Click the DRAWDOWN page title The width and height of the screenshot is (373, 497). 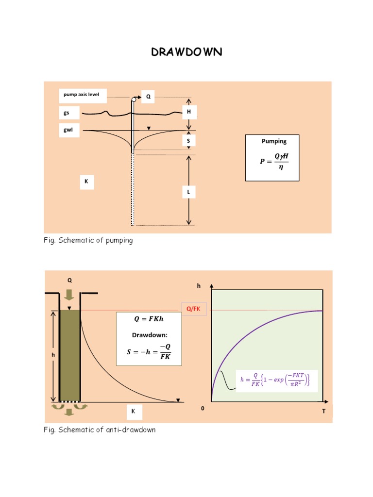186,52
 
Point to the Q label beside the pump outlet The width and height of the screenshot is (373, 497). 148,97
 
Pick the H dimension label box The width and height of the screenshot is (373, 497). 188,112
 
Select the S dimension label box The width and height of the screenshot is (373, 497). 188,141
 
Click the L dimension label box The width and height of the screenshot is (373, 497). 188,193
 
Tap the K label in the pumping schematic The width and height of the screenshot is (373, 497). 86,182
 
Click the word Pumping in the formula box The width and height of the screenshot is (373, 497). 274,141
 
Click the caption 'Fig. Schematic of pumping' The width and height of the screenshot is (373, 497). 88,241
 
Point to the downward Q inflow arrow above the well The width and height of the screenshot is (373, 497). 69,295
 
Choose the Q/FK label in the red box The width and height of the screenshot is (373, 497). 194,309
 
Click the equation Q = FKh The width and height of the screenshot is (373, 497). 148,319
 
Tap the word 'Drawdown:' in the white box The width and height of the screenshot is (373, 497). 148,335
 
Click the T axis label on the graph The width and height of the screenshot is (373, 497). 323,411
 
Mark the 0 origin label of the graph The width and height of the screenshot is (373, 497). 203,409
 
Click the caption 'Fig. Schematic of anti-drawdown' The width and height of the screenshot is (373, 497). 100,430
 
